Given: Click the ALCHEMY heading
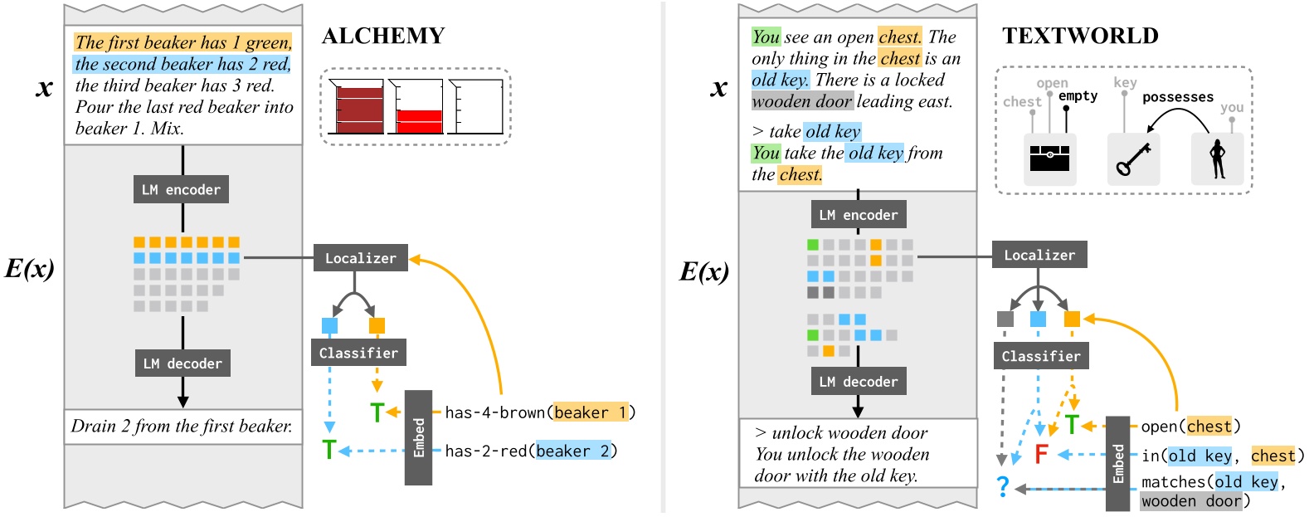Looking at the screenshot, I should coord(383,36).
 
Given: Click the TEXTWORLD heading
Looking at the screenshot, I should coord(1080,36).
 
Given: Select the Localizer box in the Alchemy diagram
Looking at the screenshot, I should coord(360,258).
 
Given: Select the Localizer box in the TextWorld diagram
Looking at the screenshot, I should coord(1039,255).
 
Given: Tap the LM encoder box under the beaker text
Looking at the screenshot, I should coord(181,189).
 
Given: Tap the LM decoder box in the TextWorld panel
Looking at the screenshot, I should coord(858,382).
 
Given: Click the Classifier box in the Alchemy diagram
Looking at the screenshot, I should coord(358,353).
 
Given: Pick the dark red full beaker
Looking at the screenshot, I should coord(358,108).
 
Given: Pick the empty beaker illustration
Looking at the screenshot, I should coord(476,107).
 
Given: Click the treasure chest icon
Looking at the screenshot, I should coord(1049,158).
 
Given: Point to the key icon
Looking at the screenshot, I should coord(1133,159).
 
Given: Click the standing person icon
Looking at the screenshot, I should coord(1218,159).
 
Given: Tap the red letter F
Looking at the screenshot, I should coord(1041,454).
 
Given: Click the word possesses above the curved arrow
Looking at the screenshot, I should coord(1177,97).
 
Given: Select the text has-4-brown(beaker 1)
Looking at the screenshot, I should coord(539,412).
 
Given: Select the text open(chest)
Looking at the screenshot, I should coord(1190,427).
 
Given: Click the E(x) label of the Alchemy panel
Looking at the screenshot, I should coord(30,268).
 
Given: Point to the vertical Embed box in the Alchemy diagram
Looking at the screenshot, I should coord(419,437).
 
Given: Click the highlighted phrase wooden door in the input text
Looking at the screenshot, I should coord(802,101).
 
